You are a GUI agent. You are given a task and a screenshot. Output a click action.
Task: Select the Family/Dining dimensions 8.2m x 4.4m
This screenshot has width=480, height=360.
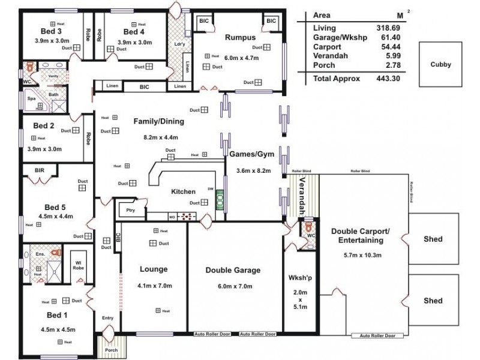pos(158,137)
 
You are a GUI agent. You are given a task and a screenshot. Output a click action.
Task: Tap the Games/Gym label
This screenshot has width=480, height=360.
pos(252,154)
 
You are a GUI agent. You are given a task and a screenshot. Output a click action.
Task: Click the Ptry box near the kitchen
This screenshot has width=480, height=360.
pos(130,209)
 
